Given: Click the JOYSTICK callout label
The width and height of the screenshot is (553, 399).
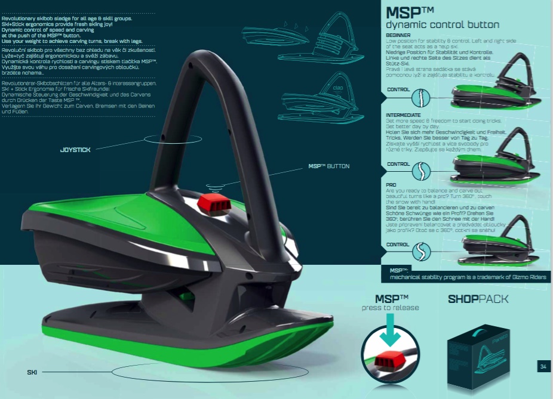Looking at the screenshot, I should [75, 150].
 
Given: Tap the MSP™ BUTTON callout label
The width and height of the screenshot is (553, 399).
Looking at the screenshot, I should [328, 166].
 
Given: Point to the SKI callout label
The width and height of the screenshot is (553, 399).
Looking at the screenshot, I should [32, 372].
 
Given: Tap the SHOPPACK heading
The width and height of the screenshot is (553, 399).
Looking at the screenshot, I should [478, 299].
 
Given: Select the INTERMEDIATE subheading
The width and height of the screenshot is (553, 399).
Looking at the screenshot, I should [404, 115].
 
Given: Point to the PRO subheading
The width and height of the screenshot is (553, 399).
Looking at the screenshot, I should [392, 185].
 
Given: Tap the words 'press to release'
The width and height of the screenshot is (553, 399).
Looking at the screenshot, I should [391, 308].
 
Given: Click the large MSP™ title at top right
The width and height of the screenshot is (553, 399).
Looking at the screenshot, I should [405, 13].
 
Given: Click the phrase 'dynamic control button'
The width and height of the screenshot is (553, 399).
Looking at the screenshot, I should [443, 25].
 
